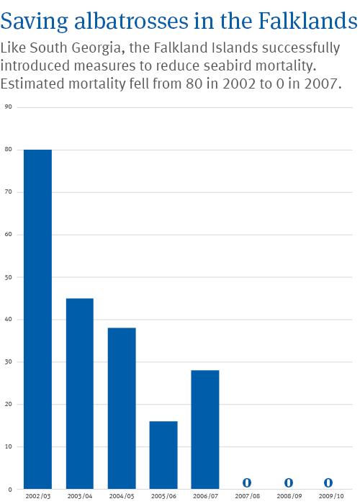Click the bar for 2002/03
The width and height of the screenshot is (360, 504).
click(x=37, y=319)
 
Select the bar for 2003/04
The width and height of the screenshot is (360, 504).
click(x=80, y=394)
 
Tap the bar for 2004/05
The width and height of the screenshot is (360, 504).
click(x=122, y=408)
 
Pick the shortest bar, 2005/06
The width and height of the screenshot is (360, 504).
click(x=163, y=455)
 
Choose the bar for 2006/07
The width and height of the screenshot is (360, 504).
click(x=205, y=429)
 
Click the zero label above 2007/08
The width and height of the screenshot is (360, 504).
click(x=247, y=482)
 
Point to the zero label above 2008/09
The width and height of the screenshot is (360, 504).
click(x=289, y=482)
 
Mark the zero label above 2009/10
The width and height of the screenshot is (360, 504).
click(x=328, y=482)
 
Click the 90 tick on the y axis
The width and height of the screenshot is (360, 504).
click(x=9, y=107)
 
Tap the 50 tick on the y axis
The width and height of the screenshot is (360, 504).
click(x=9, y=277)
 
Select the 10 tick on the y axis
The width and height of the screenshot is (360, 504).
click(x=9, y=446)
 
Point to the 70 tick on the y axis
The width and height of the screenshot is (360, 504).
click(x=9, y=192)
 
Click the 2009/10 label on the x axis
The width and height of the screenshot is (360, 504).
click(x=331, y=496)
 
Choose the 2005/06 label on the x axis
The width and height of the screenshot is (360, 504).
click(x=163, y=496)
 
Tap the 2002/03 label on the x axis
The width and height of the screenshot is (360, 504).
click(x=38, y=496)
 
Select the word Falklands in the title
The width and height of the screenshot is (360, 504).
click(x=308, y=21)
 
